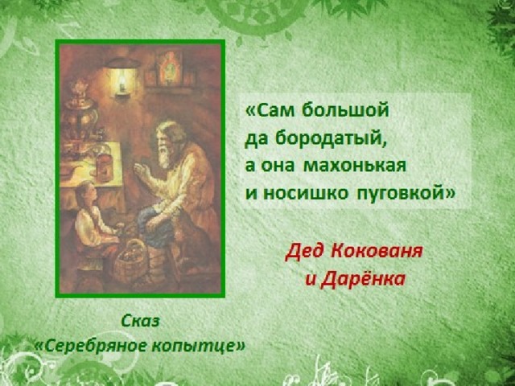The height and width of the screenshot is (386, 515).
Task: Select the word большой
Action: (345, 110)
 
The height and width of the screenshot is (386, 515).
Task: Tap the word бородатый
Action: (331, 139)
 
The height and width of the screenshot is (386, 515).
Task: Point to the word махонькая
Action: (355, 166)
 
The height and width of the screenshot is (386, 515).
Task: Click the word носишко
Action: (306, 194)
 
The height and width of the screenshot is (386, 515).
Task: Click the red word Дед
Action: (306, 252)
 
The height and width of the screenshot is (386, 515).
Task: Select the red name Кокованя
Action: (377, 252)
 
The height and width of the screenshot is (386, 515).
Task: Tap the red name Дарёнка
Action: (363, 279)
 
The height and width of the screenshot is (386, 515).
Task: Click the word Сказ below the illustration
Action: (140, 321)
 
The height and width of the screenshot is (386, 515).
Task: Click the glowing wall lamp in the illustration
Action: (122, 77)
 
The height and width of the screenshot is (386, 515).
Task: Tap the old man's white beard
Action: (164, 157)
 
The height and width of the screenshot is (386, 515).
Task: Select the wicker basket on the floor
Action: (130, 261)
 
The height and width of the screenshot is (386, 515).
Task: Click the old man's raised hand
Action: (142, 170)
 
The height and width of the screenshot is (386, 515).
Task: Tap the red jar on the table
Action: (105, 167)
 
